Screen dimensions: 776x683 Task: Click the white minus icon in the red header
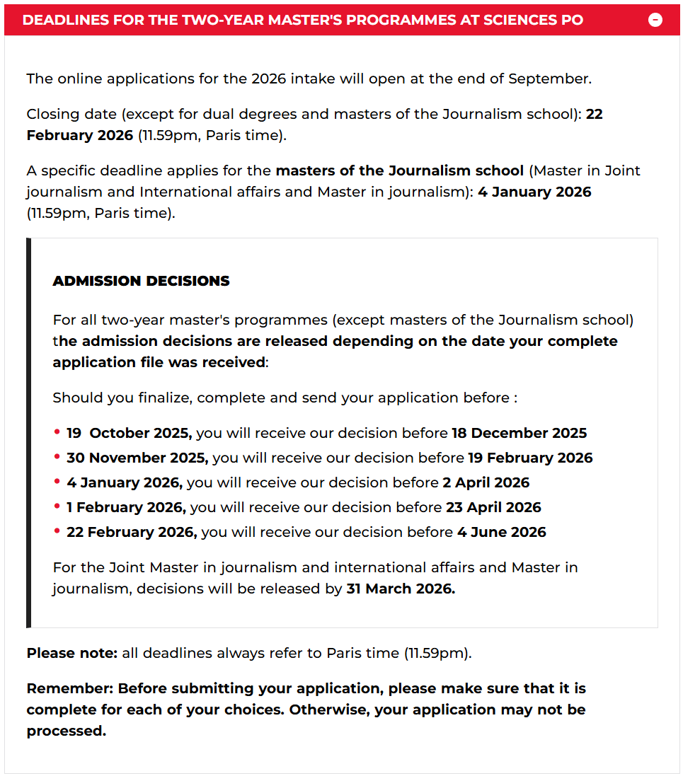click(655, 20)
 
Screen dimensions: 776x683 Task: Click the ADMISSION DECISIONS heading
click(141, 281)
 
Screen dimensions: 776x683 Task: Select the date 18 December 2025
click(520, 433)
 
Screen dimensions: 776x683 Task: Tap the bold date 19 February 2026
click(529, 458)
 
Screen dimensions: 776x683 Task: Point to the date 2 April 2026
click(486, 482)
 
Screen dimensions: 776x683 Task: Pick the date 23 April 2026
click(493, 507)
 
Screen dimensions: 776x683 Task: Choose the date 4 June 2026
click(501, 532)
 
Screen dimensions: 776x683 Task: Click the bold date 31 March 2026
click(401, 589)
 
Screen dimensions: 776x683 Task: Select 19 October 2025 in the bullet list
click(129, 433)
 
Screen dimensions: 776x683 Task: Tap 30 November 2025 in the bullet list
click(137, 458)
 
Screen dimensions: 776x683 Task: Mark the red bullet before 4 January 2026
click(57, 482)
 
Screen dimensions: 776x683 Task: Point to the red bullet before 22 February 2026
click(57, 531)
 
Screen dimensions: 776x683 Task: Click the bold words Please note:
click(72, 653)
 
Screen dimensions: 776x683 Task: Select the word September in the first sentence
click(549, 79)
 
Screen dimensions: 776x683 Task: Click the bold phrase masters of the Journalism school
click(399, 170)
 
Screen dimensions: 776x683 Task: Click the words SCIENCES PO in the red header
click(541, 20)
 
